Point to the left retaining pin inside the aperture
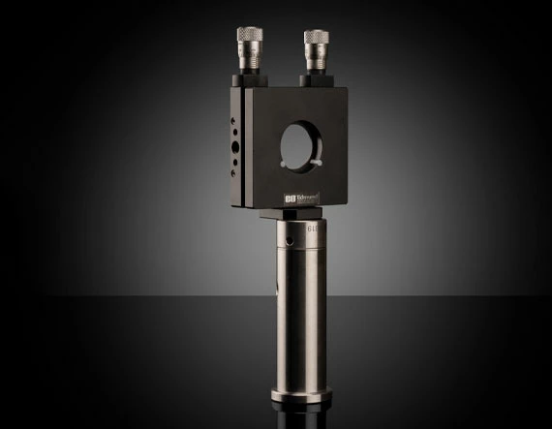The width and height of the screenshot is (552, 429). (283, 164)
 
